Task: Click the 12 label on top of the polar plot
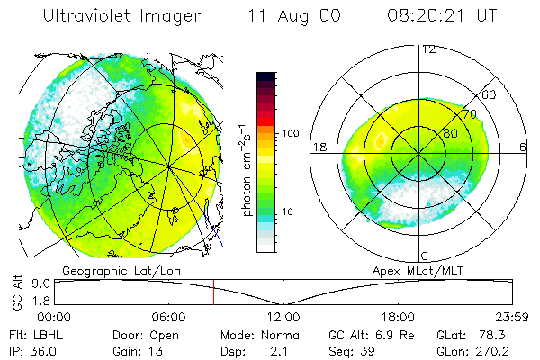tap(429, 49)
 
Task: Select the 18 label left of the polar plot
tap(319, 147)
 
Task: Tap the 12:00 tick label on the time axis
tap(283, 317)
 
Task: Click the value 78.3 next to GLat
tap(498, 334)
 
